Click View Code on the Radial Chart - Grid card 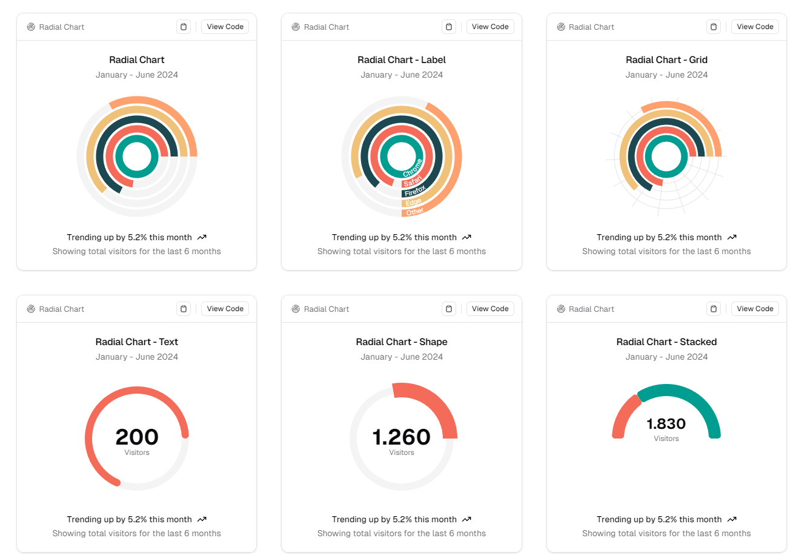(755, 27)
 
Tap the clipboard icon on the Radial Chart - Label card (449, 27)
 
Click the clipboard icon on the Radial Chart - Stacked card (714, 309)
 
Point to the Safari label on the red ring (412, 181)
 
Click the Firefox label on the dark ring (414, 191)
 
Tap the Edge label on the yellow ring (413, 202)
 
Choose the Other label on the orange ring (414, 212)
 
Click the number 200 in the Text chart (137, 437)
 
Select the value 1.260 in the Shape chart (402, 437)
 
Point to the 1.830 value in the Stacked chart (666, 423)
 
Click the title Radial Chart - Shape (402, 342)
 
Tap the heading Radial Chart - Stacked (666, 342)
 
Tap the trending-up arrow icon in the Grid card (732, 237)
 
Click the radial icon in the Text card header (31, 309)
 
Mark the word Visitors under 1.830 (666, 439)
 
